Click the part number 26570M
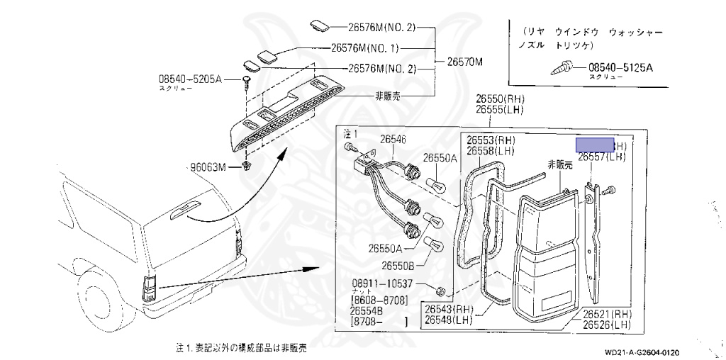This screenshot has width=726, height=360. click(x=464, y=62)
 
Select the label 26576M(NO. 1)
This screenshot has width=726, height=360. click(x=365, y=49)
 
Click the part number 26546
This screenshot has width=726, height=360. click(x=393, y=140)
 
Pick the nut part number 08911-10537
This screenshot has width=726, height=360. click(x=383, y=283)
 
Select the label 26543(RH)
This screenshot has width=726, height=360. click(x=449, y=309)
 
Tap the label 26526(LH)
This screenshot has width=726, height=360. click(x=607, y=325)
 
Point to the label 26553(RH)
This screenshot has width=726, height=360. click(x=490, y=140)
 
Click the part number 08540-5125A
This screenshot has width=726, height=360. click(x=620, y=68)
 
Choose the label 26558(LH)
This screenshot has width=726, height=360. click(x=490, y=151)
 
